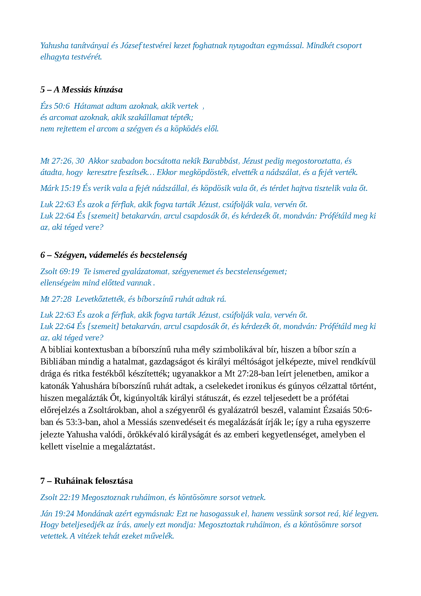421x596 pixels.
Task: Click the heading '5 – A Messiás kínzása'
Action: tap(81, 90)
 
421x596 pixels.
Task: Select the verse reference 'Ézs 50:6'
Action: tap(55, 106)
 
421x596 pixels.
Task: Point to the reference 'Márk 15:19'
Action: tap(60, 188)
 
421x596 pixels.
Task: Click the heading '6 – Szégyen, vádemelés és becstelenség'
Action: tap(114, 255)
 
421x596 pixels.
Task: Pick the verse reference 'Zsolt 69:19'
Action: tap(60, 272)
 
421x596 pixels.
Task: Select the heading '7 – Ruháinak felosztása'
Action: tap(87, 481)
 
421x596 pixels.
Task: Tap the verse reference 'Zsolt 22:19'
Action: tap(60, 498)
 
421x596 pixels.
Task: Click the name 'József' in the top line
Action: tap(131, 46)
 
